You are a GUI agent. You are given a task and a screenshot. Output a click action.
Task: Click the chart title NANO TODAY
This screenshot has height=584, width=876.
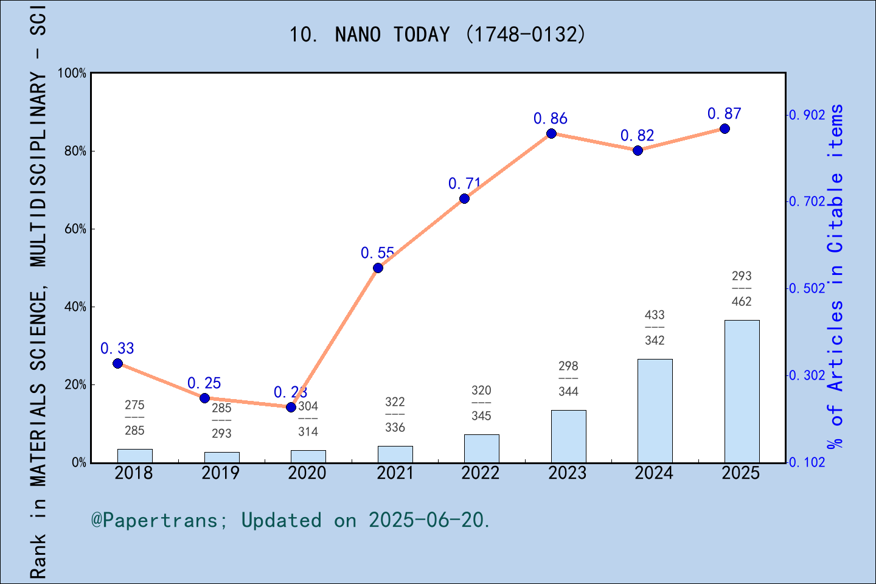[x=437, y=35]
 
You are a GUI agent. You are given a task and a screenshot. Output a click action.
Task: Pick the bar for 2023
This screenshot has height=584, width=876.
[x=568, y=436]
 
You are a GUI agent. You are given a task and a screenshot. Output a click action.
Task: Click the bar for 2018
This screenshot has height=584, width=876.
[x=134, y=456]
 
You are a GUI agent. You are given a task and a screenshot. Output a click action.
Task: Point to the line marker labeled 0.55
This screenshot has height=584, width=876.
[x=378, y=268]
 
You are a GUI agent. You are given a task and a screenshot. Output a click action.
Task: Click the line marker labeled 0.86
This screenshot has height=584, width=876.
[x=551, y=134]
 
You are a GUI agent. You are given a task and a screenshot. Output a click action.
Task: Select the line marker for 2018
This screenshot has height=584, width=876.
[x=118, y=363]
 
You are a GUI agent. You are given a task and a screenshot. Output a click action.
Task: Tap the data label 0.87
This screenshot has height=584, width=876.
[x=724, y=114]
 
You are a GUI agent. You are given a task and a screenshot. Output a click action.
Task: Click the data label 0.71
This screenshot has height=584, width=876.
[x=464, y=183]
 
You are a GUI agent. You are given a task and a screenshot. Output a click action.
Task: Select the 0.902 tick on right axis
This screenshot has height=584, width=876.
[x=807, y=115]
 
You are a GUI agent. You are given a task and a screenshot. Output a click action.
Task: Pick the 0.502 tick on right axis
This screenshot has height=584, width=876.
[x=807, y=288]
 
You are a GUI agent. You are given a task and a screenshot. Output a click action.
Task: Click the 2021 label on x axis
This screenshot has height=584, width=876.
[x=395, y=473]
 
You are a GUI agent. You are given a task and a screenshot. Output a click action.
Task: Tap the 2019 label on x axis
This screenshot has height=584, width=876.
[x=221, y=473]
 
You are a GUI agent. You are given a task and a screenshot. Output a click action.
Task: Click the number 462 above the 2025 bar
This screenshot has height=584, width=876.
[x=742, y=302]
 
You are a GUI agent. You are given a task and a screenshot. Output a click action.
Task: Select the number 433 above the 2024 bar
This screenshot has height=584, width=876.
[x=655, y=315]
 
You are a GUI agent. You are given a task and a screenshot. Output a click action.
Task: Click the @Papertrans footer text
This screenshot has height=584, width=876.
[x=290, y=520]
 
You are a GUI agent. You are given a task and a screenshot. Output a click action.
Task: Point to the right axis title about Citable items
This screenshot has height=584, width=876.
[x=836, y=277]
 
